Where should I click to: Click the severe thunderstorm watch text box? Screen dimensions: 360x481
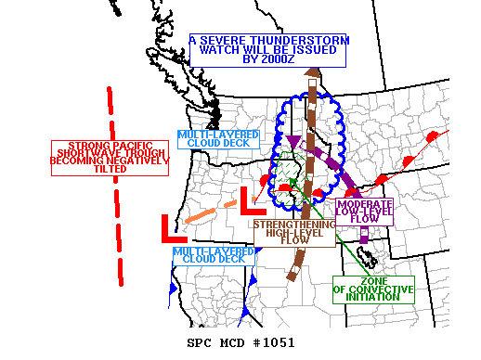click(x=268, y=49)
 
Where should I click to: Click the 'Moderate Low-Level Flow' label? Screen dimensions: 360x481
click(x=364, y=212)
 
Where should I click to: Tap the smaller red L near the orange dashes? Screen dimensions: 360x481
click(x=248, y=198)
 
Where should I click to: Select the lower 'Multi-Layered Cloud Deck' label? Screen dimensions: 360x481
click(x=213, y=256)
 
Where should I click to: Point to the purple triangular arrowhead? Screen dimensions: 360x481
click(x=293, y=141)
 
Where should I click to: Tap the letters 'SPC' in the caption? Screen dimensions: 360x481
click(x=201, y=343)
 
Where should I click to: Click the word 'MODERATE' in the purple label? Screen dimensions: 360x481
click(x=364, y=204)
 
